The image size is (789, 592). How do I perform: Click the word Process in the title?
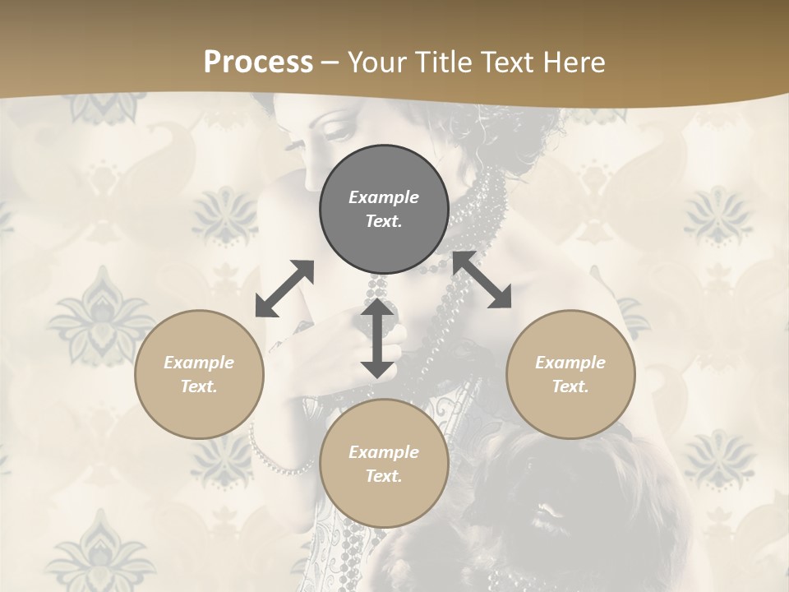[x=258, y=62]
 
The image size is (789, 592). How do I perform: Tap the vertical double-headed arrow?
[x=377, y=338]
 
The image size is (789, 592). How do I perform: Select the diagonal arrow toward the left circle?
[x=284, y=289]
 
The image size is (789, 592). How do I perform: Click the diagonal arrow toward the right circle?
[x=482, y=280]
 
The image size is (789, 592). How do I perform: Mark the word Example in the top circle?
[x=384, y=197]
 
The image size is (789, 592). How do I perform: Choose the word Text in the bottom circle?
[x=384, y=476]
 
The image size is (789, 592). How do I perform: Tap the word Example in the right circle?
[x=570, y=363]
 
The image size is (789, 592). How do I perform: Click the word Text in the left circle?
[x=199, y=386]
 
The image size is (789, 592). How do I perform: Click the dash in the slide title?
[x=330, y=63]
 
